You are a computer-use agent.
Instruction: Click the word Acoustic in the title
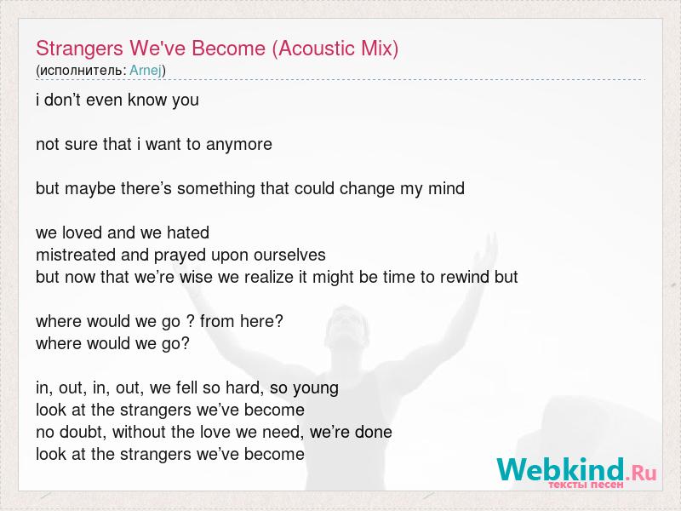point(310,49)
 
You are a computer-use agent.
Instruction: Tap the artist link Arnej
point(146,71)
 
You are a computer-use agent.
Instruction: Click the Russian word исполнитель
point(82,71)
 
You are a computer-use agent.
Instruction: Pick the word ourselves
point(289,255)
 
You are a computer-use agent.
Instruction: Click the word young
point(315,388)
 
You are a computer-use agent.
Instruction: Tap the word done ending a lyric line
point(373,432)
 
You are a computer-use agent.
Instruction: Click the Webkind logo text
point(561,469)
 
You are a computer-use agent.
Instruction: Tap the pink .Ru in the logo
point(642,473)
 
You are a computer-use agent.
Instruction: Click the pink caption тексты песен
point(586,485)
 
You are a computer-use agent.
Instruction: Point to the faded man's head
point(346,329)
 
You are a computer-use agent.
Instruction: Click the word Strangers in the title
point(80,49)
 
